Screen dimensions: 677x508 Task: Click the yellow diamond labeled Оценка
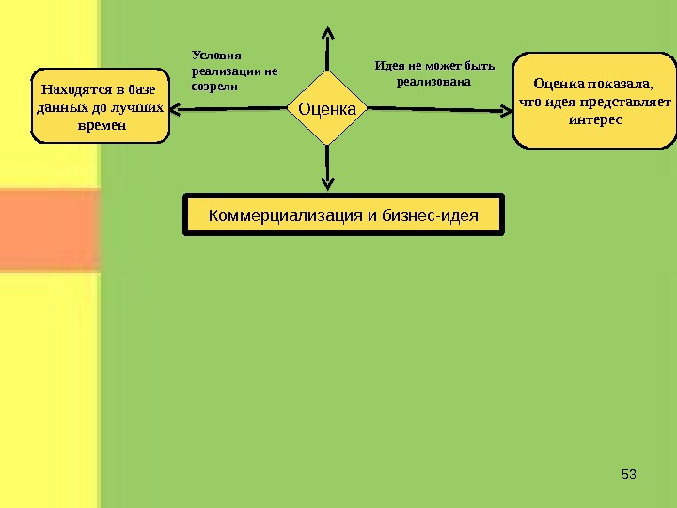pyautogui.click(x=327, y=109)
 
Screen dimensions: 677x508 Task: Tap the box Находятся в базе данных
pyautogui.click(x=100, y=105)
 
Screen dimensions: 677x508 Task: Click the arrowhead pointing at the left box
pyautogui.click(x=178, y=109)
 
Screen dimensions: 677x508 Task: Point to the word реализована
pyautogui.click(x=433, y=82)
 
